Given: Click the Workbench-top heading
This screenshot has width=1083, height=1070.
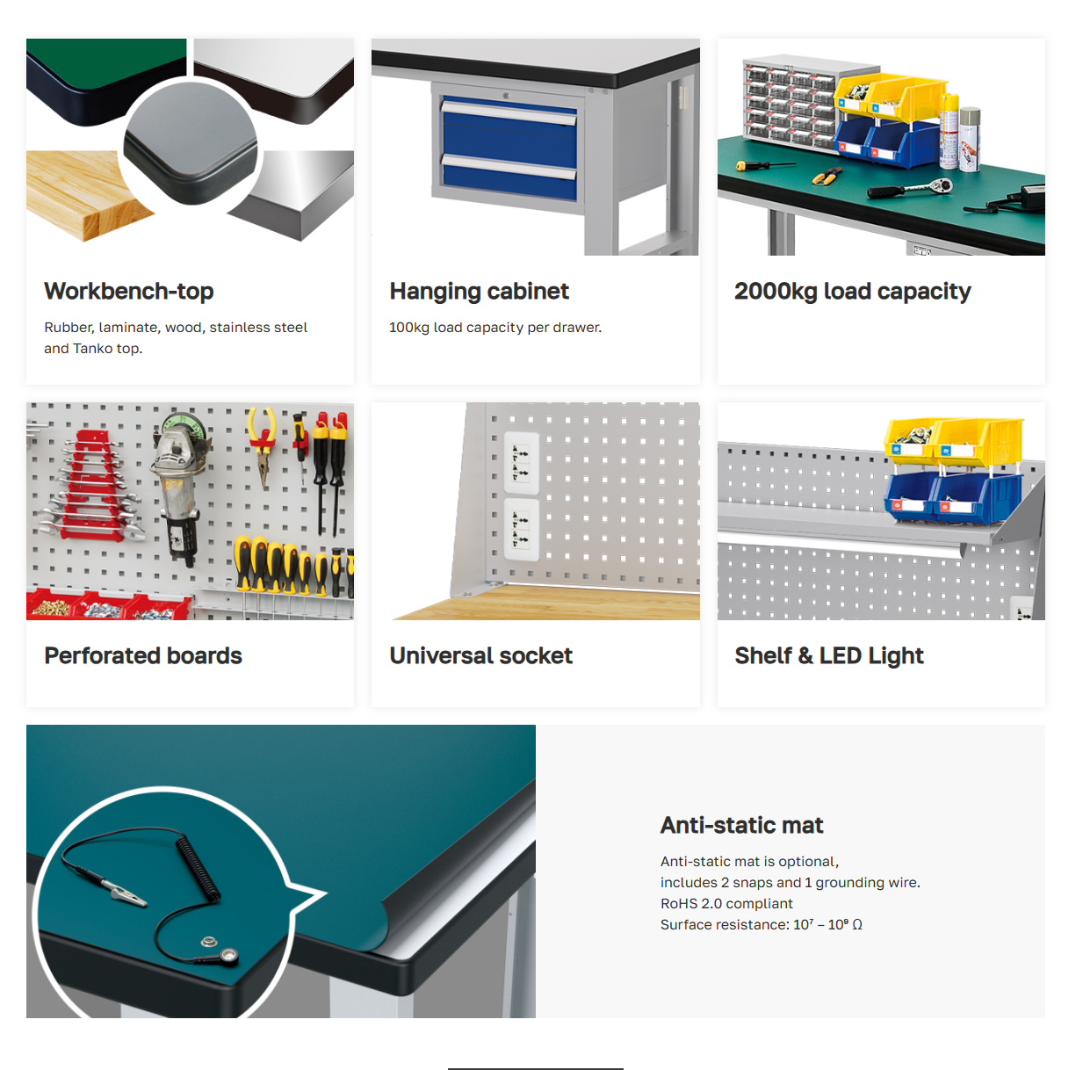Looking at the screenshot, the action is tap(129, 292).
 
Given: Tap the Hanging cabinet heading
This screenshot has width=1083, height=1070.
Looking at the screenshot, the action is tap(480, 292).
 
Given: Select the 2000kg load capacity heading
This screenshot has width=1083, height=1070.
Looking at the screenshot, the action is tap(853, 292).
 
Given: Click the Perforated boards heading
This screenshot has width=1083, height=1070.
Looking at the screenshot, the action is tap(143, 655).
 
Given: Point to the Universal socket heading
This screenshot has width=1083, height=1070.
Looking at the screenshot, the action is tap(481, 655).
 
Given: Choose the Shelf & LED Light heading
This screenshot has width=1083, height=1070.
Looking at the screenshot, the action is tap(829, 655).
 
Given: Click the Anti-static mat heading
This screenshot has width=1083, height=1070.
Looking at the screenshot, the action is tap(741, 826).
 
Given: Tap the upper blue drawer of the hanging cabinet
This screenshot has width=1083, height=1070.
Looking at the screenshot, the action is tap(509, 130).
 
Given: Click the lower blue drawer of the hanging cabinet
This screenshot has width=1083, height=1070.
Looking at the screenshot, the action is tap(509, 177).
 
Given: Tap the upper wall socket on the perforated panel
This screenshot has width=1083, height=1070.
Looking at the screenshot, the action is tap(521, 463).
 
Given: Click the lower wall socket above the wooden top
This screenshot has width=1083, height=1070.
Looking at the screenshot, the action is tap(521, 529).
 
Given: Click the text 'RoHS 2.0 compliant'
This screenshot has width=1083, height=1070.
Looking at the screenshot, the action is tap(726, 904).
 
